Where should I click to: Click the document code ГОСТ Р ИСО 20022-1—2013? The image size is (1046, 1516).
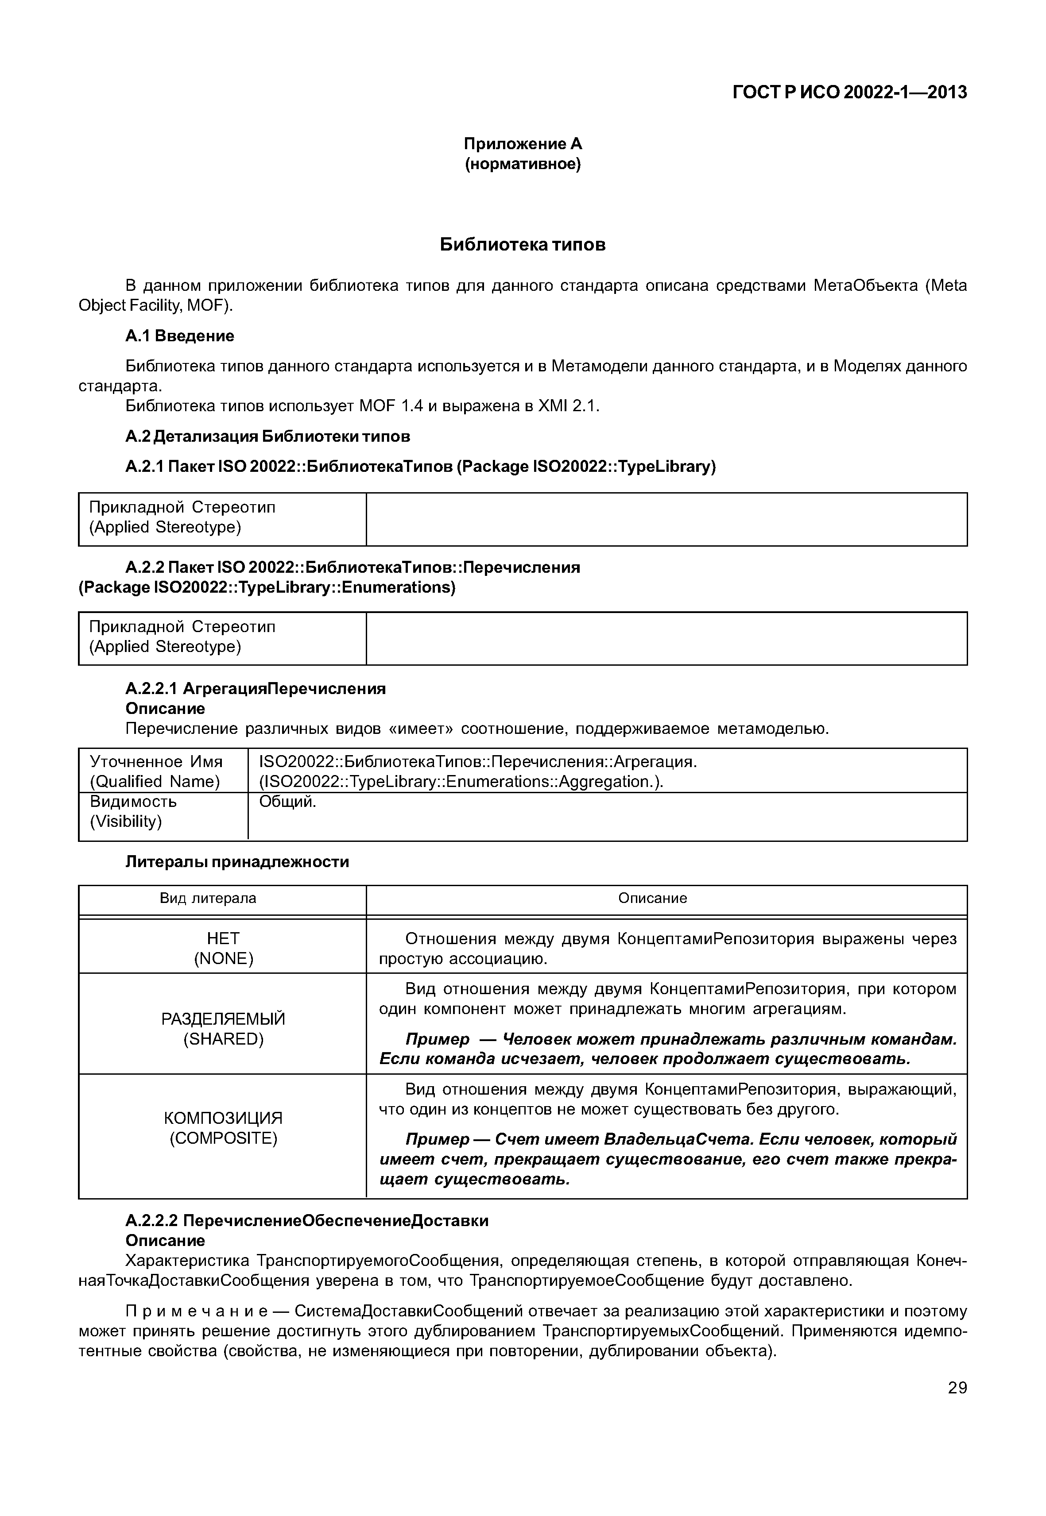[849, 93]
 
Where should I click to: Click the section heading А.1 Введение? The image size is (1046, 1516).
[180, 336]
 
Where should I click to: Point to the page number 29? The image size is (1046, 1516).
[957, 1388]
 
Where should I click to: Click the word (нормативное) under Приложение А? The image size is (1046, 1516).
[523, 164]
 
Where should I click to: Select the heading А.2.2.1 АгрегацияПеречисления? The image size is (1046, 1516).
[255, 689]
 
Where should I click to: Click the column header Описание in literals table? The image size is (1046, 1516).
[652, 898]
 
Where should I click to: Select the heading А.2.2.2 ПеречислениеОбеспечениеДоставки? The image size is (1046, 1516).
[307, 1221]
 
